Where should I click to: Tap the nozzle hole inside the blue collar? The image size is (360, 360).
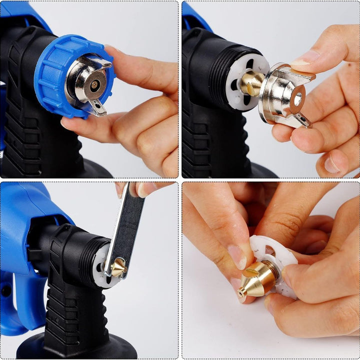(94, 84)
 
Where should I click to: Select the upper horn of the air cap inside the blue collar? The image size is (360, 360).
(102, 62)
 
